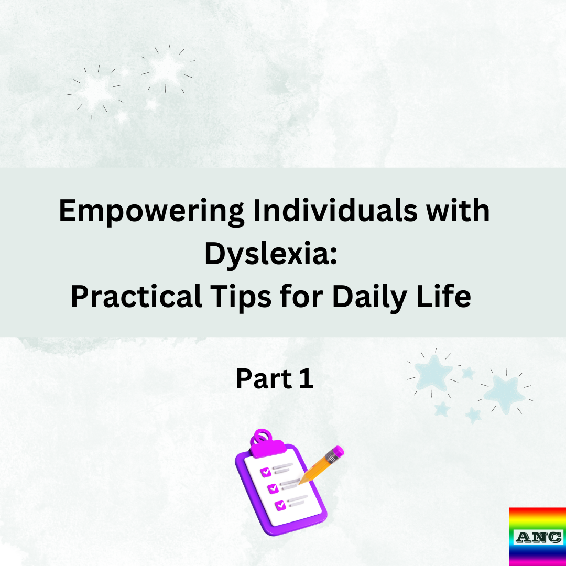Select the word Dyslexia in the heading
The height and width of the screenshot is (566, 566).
pyautogui.click(x=265, y=254)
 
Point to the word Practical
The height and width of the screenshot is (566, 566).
pyautogui.click(x=136, y=297)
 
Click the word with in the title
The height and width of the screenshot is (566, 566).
pyautogui.click(x=459, y=211)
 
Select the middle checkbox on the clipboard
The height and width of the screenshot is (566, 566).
pyautogui.click(x=273, y=488)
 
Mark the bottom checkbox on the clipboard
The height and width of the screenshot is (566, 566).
pyautogui.click(x=280, y=505)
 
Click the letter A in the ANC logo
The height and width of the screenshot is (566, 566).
pyautogui.click(x=524, y=537)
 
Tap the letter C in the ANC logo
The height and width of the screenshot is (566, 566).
pyautogui.click(x=554, y=537)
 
